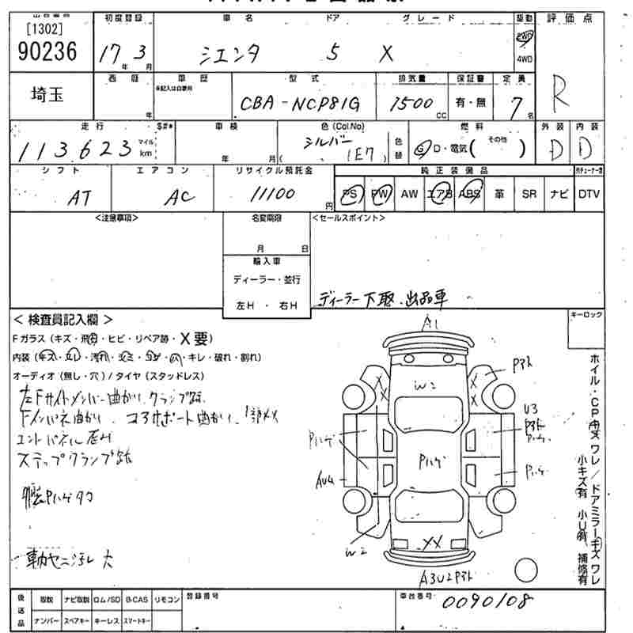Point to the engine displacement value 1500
click(x=411, y=103)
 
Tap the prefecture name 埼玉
click(x=43, y=95)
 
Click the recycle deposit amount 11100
click(x=272, y=195)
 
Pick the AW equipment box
click(x=408, y=194)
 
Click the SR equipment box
click(x=529, y=194)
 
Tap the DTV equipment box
click(x=588, y=194)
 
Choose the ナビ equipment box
click(x=558, y=194)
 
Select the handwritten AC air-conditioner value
click(x=180, y=199)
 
